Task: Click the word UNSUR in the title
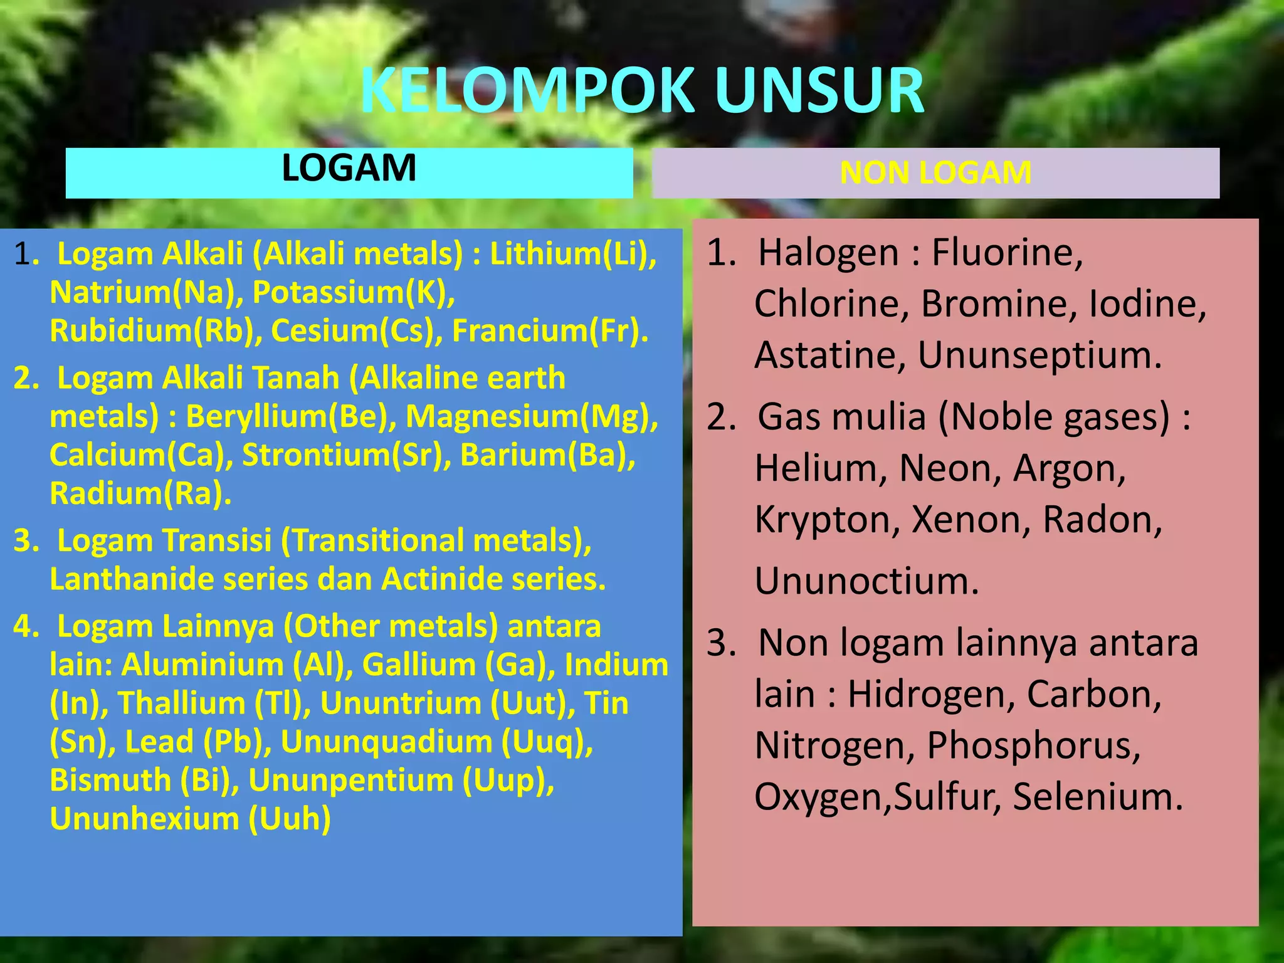tap(819, 91)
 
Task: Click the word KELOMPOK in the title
tap(527, 91)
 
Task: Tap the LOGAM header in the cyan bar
tap(349, 168)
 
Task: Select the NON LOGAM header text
tap(935, 173)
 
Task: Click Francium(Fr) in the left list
tap(549, 331)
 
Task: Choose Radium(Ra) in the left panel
tap(140, 493)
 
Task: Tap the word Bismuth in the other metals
tap(110, 781)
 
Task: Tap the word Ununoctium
tap(866, 581)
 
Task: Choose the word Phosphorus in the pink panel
tap(1033, 745)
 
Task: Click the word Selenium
tap(1097, 797)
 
